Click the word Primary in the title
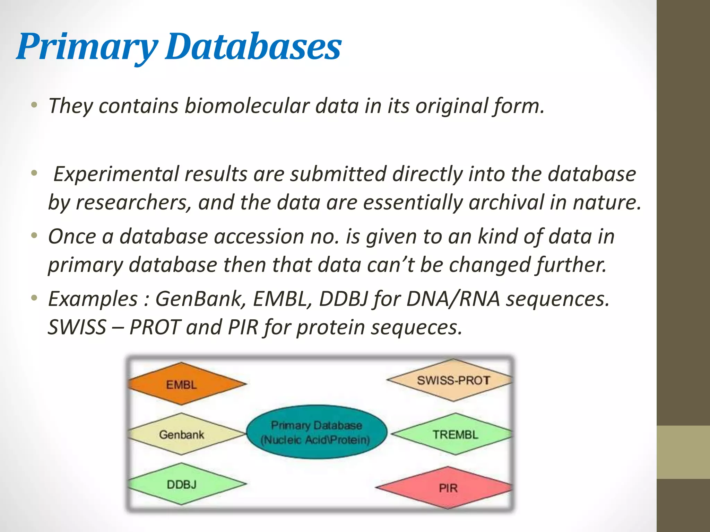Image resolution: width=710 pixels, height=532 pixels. (87, 47)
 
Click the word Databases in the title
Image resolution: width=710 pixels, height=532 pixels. (253, 47)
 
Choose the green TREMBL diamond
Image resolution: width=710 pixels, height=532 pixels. (454, 434)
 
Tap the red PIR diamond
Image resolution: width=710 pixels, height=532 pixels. (447, 488)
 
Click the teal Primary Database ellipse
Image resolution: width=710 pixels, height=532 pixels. (316, 432)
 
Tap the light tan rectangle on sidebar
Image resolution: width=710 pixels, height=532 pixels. (683, 452)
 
